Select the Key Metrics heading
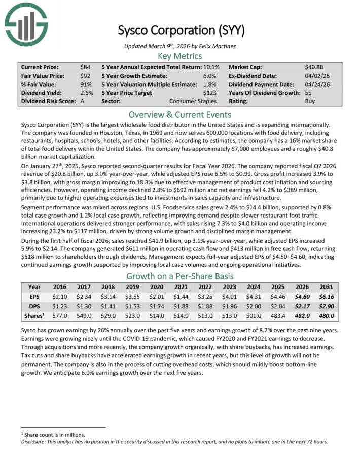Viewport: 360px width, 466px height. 180,56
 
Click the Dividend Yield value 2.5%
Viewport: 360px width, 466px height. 87,93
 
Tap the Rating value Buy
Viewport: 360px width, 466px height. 310,101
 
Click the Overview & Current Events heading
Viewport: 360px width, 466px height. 180,114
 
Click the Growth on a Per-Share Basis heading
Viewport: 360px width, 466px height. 180,276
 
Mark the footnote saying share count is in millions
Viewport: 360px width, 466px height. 53,435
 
